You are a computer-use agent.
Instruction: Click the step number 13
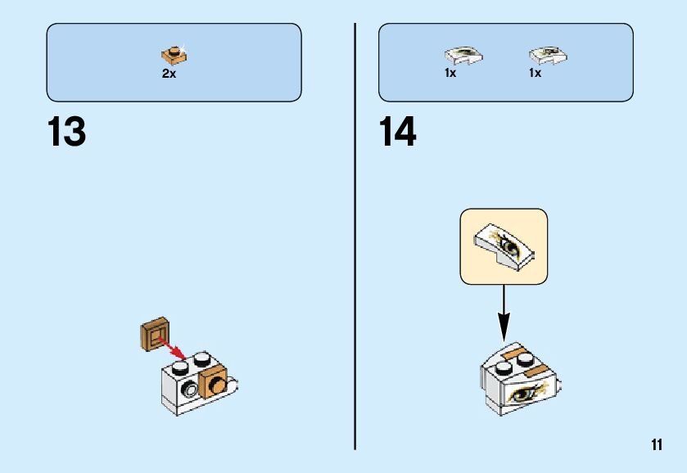66,133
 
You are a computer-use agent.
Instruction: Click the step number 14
398,133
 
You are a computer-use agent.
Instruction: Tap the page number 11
656,444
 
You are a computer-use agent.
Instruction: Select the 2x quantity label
169,74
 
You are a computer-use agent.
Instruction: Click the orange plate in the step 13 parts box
173,56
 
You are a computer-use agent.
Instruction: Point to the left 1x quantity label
450,73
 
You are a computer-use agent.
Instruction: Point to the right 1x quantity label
535,73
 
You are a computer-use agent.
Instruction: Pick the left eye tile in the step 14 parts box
463,56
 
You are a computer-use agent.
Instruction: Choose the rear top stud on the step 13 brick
201,359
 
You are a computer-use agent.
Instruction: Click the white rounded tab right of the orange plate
235,381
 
